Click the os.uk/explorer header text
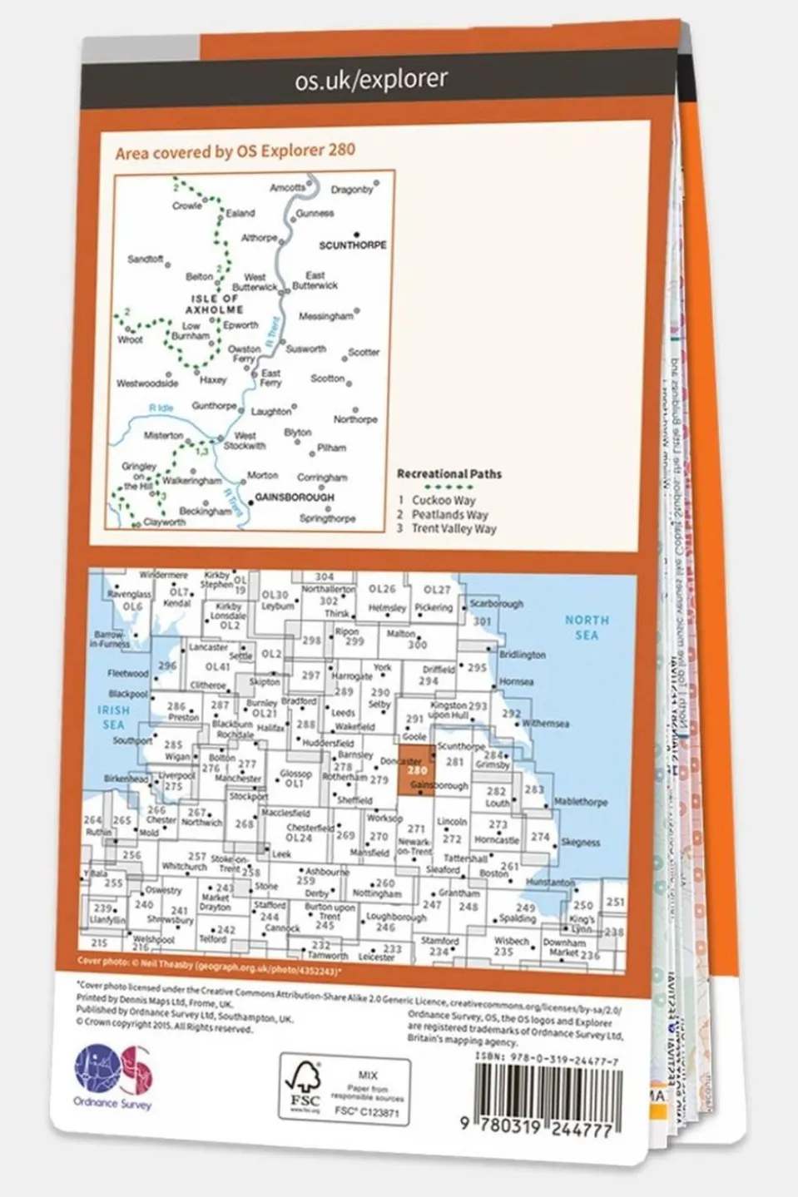coord(371,79)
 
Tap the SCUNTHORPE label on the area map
coord(353,245)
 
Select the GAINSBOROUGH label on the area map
coord(295,497)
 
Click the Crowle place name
coord(187,206)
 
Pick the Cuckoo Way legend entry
coord(443,501)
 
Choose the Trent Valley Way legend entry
coord(453,528)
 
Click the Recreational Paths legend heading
coord(449,474)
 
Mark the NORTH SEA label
coord(587,627)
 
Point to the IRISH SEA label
coord(113,717)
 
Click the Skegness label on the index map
coord(580,843)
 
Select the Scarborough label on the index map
coord(497,604)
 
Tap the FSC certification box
coord(344,1091)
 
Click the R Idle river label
coord(161,408)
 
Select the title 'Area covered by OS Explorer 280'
coord(235,151)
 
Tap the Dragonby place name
coord(352,190)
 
